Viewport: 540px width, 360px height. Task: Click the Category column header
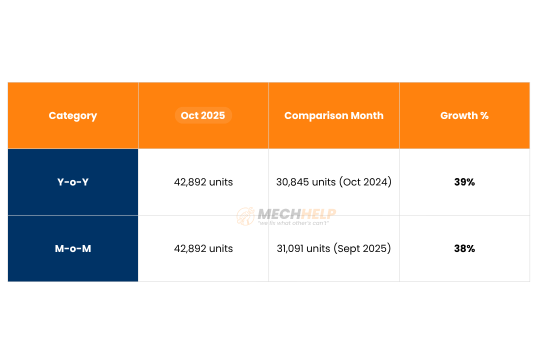coord(73,115)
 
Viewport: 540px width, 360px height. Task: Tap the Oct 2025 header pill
coord(203,115)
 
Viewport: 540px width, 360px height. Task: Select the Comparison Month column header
coord(333,115)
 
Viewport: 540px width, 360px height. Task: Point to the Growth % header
coord(464,115)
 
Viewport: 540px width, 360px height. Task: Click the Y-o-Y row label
coord(73,182)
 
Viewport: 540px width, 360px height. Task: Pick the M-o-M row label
coord(73,248)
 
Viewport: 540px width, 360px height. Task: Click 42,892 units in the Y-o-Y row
coord(203,182)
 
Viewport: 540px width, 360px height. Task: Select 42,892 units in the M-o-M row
coord(203,248)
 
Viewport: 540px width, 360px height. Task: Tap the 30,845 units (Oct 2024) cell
coord(333,182)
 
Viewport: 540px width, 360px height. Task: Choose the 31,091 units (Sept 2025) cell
coord(333,248)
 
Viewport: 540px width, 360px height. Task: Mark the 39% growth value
coord(464,182)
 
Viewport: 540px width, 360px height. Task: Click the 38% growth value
coord(464,248)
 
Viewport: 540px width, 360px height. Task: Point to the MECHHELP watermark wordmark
coord(296,214)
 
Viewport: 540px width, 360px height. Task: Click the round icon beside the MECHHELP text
coord(245,216)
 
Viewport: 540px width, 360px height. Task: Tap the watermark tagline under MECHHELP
coord(293,223)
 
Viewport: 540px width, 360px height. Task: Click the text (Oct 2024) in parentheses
coord(365,182)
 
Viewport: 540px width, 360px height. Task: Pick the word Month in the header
coord(367,115)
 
